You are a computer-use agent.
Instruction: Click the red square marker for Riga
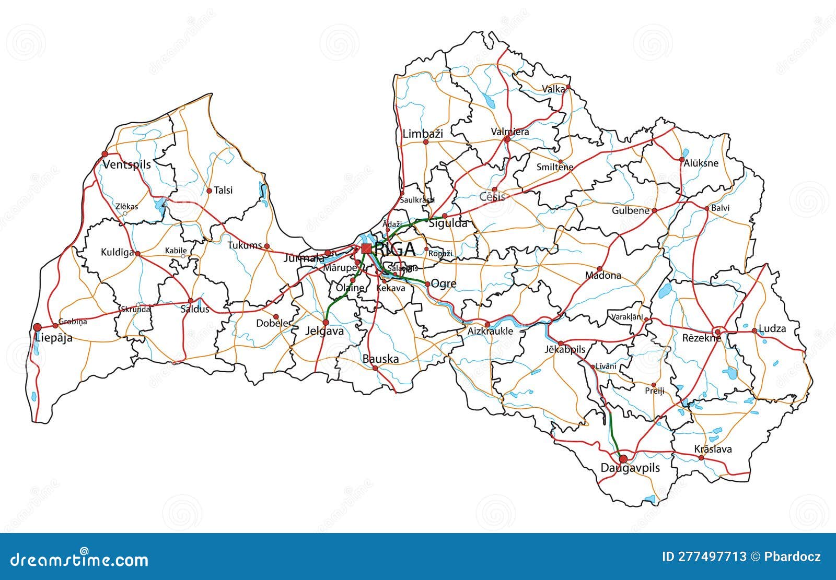pos(366,248)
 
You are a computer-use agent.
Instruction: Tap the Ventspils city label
pos(126,164)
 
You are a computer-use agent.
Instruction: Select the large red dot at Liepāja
pos(37,327)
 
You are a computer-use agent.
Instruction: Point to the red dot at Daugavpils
pos(623,459)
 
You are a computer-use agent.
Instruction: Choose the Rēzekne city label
pos(701,338)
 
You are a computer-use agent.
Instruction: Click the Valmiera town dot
pos(507,139)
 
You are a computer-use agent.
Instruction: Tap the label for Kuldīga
pos(117,253)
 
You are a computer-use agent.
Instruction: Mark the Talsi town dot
pos(209,191)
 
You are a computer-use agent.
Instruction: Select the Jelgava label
pos(324,331)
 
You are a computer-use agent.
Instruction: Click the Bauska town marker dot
pos(375,368)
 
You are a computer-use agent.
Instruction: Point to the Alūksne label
pos(701,163)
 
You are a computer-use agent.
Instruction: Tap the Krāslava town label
pos(713,449)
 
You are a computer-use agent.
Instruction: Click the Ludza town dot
pos(754,330)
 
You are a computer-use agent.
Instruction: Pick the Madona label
pos(603,275)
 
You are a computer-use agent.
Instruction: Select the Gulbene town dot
pos(654,211)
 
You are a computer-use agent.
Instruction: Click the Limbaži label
pos(423,134)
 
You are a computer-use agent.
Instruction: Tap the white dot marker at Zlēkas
pos(125,213)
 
